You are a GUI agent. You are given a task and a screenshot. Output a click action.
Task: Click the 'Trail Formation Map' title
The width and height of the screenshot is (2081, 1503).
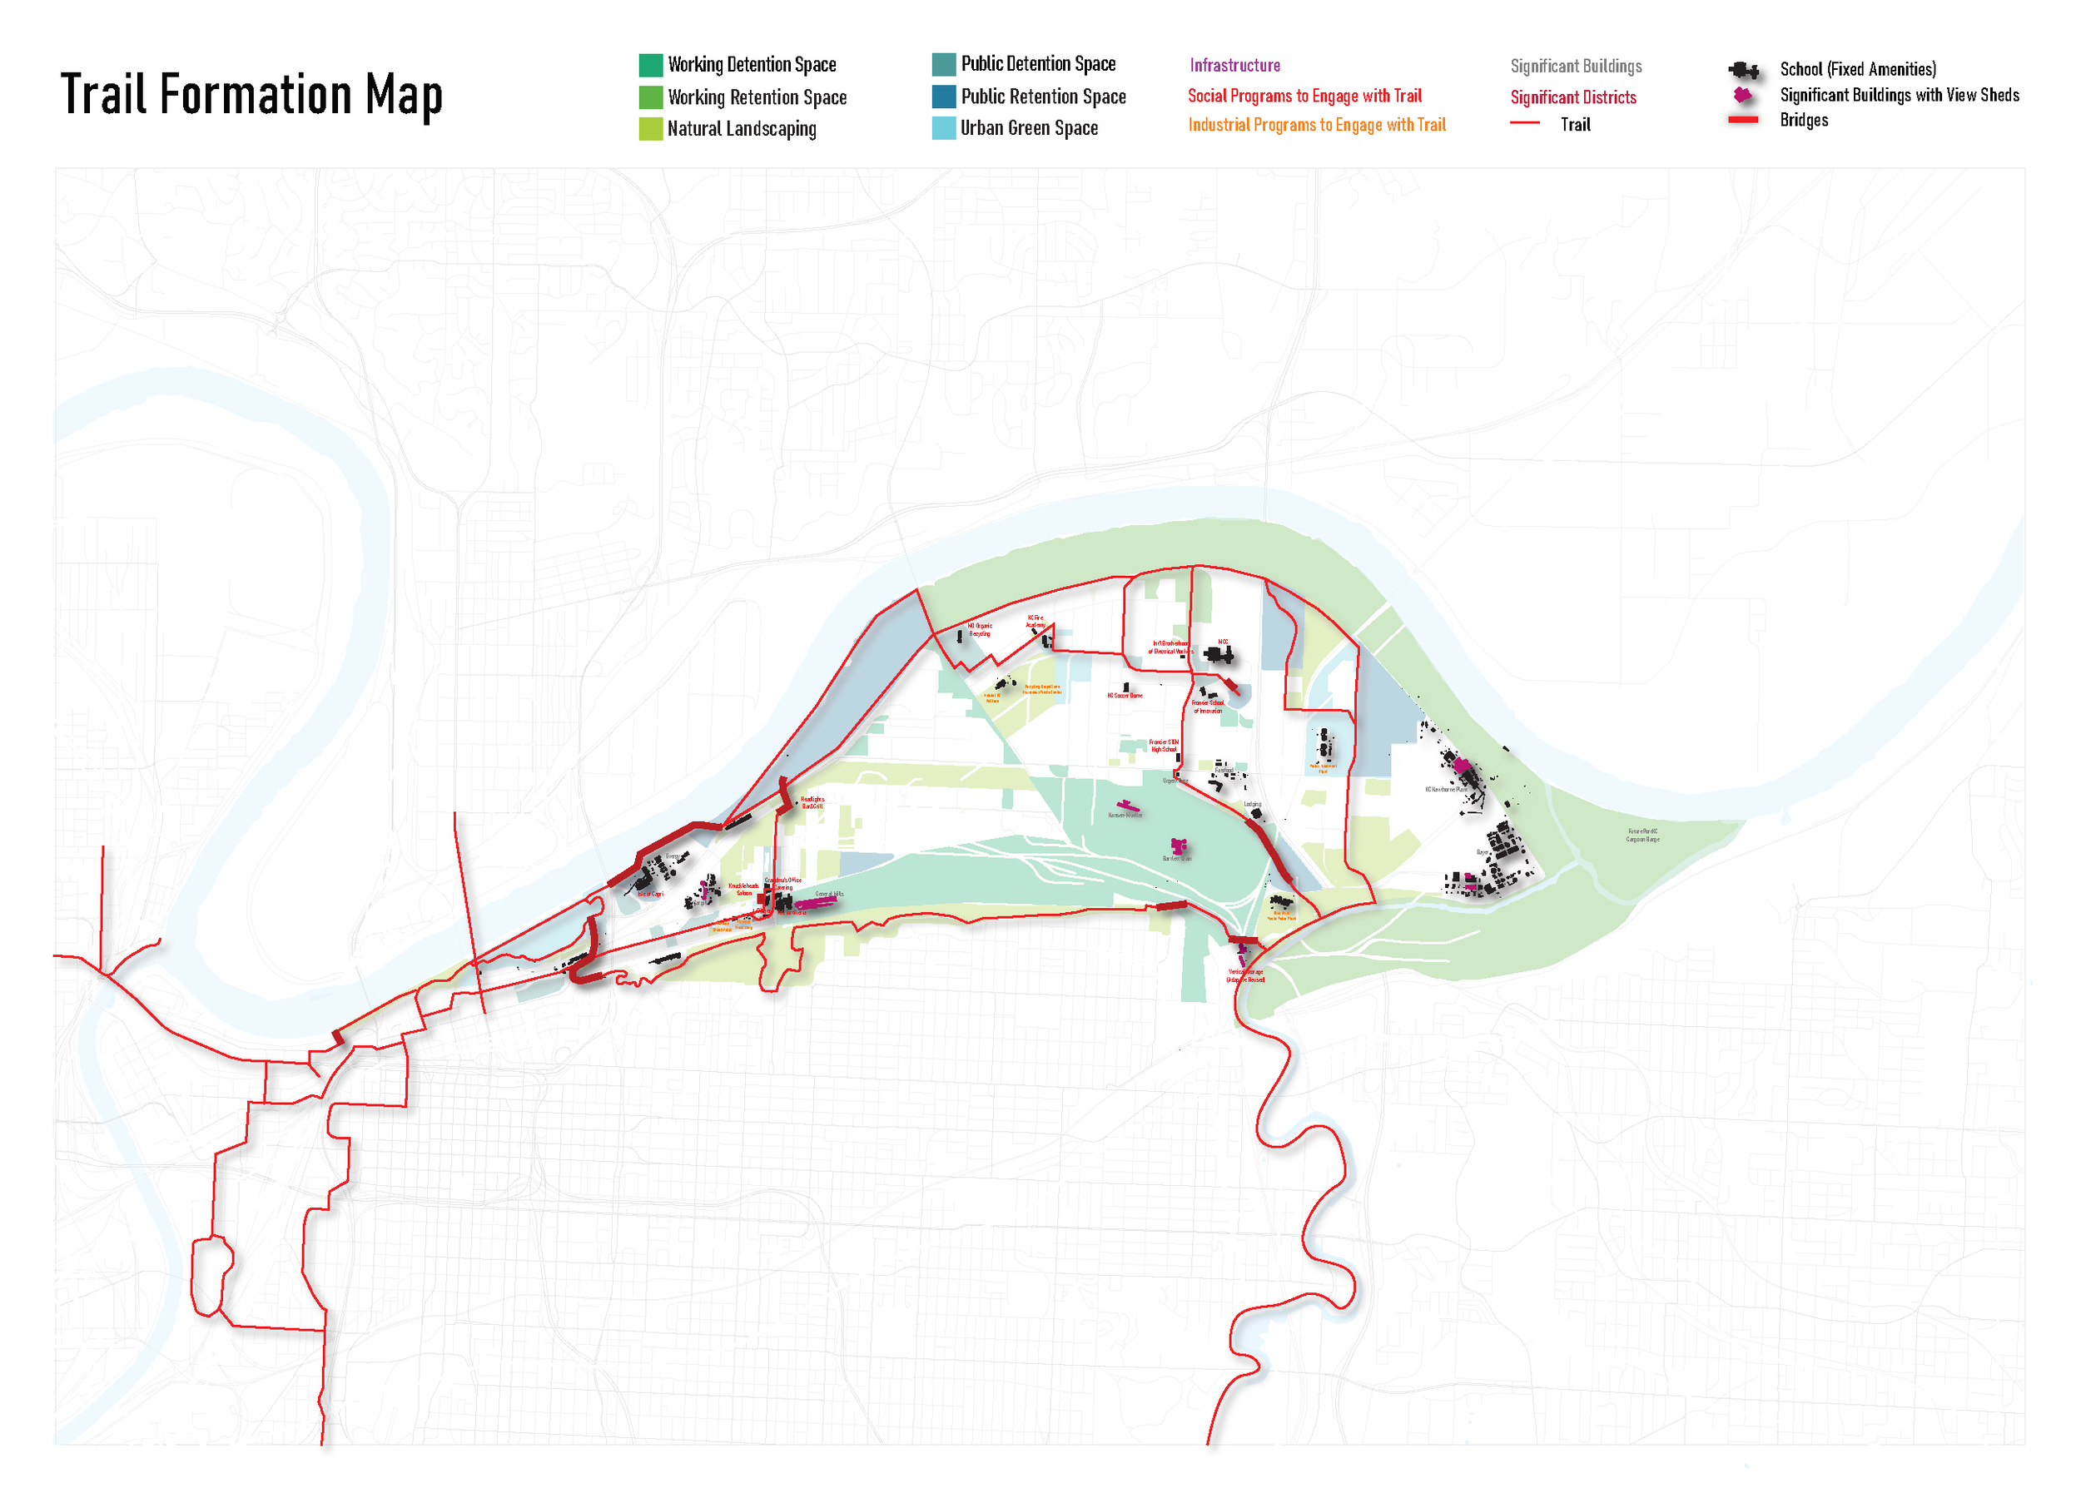(251, 95)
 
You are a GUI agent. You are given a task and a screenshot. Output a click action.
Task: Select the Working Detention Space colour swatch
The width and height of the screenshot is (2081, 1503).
(651, 65)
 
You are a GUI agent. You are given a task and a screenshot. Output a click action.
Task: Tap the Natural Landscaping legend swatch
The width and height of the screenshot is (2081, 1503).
(651, 128)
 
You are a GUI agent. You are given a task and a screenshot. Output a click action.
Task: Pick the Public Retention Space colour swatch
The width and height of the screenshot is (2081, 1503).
(943, 97)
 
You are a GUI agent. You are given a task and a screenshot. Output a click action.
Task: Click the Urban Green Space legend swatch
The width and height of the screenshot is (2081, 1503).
(943, 127)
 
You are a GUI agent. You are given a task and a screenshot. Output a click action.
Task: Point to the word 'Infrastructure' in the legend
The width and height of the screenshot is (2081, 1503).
(1234, 65)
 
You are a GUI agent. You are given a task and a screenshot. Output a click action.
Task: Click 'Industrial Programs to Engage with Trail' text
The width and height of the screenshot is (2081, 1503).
(1316, 125)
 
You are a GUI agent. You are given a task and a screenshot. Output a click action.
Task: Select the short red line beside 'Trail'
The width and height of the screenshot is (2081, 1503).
(1524, 123)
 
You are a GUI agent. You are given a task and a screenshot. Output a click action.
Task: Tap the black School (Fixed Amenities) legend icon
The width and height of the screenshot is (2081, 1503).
(1742, 70)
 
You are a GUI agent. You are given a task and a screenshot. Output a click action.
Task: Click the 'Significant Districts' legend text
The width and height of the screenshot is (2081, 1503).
(1572, 97)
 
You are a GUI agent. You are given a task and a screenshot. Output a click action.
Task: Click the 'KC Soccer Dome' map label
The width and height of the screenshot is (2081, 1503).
(1124, 696)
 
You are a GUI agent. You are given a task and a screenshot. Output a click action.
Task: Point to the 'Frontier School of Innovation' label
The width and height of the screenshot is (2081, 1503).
(1208, 707)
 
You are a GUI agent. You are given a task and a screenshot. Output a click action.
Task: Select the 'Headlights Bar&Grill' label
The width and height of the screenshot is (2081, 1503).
(812, 802)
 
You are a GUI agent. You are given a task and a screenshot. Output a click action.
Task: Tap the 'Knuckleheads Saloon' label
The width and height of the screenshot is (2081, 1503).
(743, 889)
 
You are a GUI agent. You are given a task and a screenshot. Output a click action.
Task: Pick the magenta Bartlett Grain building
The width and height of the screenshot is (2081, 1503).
(1178, 845)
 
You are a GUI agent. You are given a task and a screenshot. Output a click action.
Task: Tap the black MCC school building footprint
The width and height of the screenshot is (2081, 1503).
(1219, 654)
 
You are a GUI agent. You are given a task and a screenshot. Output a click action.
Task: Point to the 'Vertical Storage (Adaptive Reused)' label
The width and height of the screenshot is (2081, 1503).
(1245, 975)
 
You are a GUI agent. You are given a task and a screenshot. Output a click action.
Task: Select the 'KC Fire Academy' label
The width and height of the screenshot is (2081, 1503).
(1035, 621)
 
